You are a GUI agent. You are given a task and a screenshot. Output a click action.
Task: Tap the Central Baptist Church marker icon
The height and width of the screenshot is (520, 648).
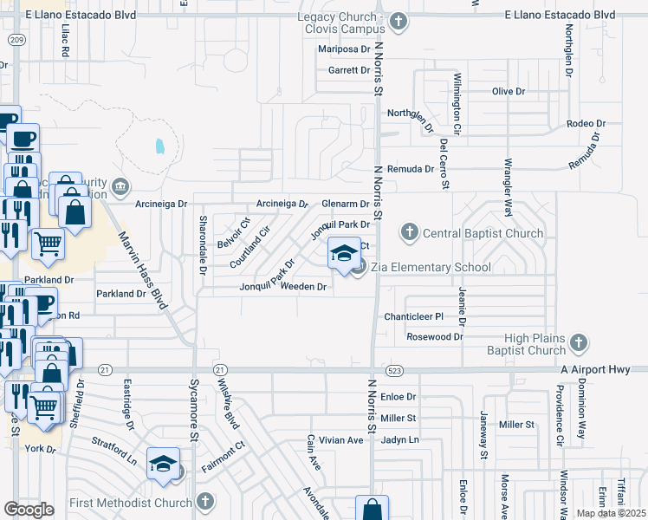coord(410,232)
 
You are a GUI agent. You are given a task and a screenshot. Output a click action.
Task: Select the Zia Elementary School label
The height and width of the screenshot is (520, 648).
coord(431,267)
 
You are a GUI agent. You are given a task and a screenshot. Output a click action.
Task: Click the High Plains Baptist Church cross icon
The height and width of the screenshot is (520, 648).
coord(579,346)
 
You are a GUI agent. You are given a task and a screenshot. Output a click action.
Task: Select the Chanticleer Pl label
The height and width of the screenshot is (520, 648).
coord(413,317)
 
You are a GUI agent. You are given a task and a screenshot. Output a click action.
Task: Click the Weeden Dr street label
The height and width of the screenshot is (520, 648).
coord(303,286)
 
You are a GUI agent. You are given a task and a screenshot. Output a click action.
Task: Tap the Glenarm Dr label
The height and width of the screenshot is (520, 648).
coord(346,204)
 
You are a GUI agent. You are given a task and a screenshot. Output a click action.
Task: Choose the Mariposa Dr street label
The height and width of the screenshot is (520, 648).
coord(343,49)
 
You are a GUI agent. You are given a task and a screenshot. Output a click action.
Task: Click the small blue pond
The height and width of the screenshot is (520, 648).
coord(159,146)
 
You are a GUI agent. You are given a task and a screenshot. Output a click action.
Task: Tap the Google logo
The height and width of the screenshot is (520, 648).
coord(29,510)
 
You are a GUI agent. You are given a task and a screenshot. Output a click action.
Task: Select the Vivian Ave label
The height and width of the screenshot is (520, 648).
coord(340,440)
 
